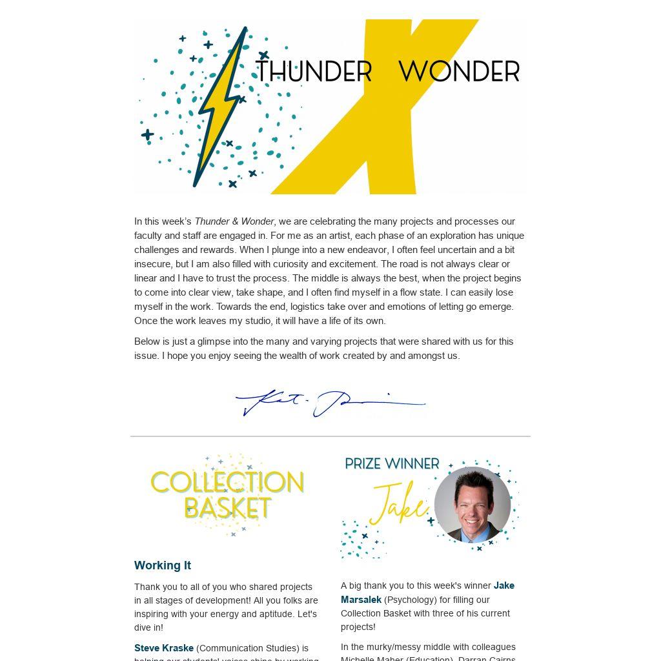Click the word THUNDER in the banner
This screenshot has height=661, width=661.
point(314,72)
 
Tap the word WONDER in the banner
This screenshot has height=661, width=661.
point(459,72)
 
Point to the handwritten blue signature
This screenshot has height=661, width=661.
point(330,403)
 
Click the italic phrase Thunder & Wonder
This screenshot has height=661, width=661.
point(234,221)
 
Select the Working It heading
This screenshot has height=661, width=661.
point(163,565)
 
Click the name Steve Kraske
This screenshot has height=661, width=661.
point(164,648)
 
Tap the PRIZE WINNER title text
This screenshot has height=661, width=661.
point(392,463)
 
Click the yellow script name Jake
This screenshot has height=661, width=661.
point(399,505)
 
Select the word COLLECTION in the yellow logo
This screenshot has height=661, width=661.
point(227,482)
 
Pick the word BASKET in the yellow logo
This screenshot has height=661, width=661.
point(227,508)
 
